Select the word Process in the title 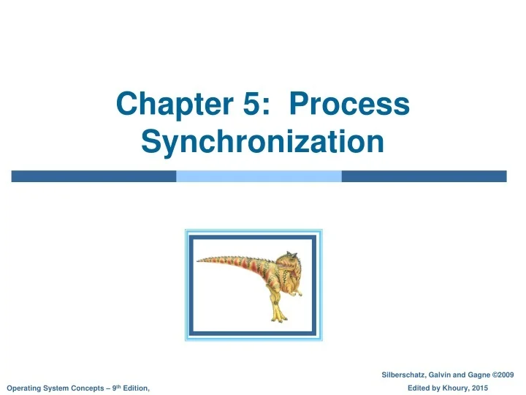[x=351, y=104]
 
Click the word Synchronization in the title [x=263, y=140]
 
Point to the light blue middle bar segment [x=259, y=176]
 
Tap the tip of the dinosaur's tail [x=199, y=260]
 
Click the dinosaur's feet [x=278, y=317]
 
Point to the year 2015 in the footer [x=479, y=387]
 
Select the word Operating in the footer [x=23, y=387]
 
